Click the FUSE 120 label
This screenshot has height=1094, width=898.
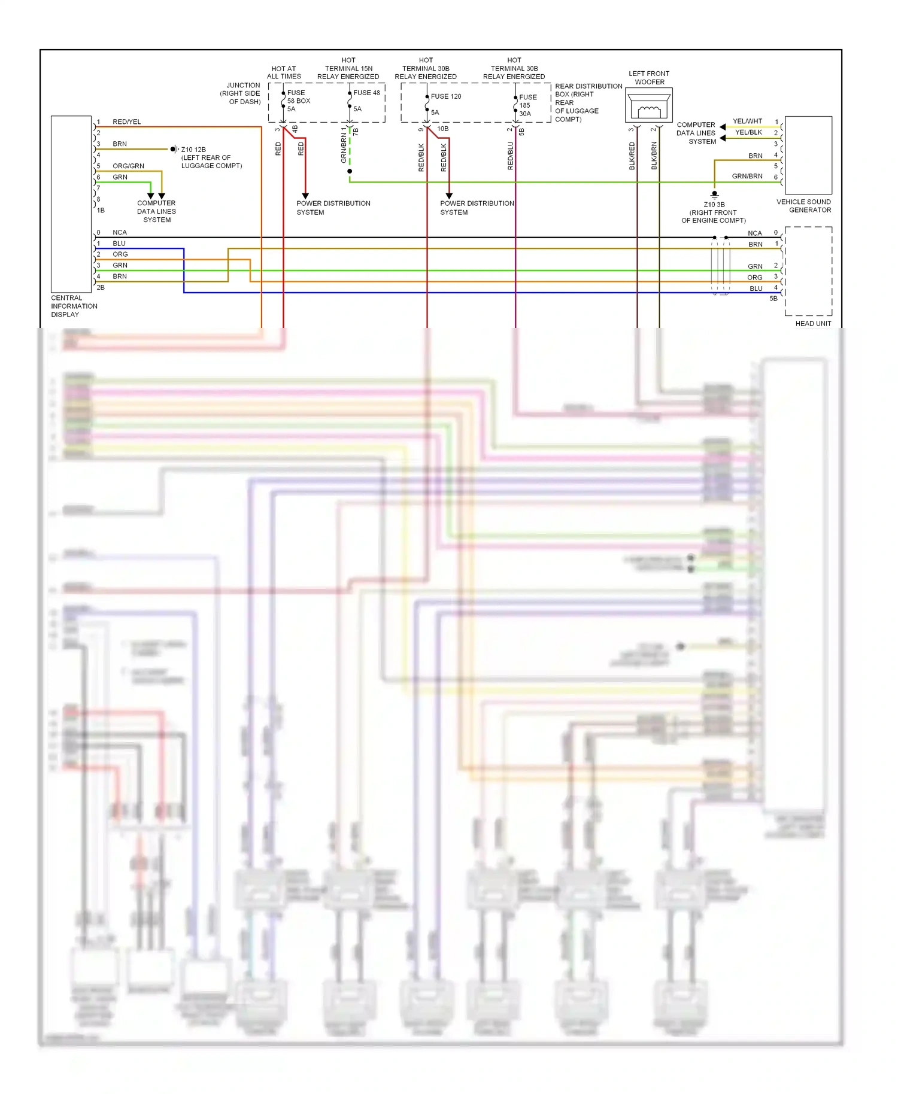pyautogui.click(x=446, y=96)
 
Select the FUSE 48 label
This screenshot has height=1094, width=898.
pyautogui.click(x=366, y=93)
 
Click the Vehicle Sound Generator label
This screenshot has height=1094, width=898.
pyautogui.click(x=804, y=206)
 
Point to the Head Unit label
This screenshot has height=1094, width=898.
pyautogui.click(x=813, y=324)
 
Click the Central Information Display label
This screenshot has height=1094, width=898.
pyautogui.click(x=74, y=306)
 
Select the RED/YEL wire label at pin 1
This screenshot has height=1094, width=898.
pyautogui.click(x=127, y=122)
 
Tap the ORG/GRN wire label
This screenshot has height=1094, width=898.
pyautogui.click(x=128, y=166)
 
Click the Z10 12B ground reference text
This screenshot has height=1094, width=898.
pyautogui.click(x=193, y=150)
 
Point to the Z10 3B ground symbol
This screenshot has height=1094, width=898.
pyautogui.click(x=714, y=195)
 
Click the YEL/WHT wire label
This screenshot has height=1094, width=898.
pyautogui.click(x=747, y=121)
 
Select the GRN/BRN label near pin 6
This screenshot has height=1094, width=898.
pyautogui.click(x=747, y=177)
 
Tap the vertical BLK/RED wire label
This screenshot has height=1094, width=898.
pyautogui.click(x=632, y=156)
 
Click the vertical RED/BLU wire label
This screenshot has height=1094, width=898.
pyautogui.click(x=511, y=156)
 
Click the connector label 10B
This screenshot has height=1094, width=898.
pyautogui.click(x=442, y=129)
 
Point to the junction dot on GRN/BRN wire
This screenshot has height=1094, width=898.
pyautogui.click(x=350, y=171)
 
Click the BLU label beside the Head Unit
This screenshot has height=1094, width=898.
pyautogui.click(x=756, y=288)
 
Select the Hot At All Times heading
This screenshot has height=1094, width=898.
pyautogui.click(x=284, y=72)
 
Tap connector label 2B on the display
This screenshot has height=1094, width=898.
pyautogui.click(x=101, y=287)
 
